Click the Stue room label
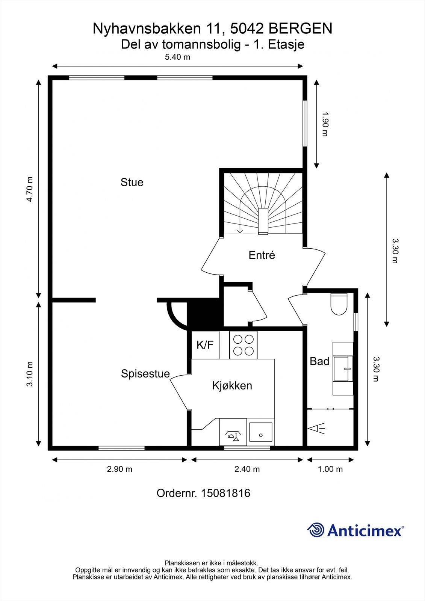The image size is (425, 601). point(132,183)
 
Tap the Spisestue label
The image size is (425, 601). point(145,373)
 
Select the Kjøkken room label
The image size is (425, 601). point(232,385)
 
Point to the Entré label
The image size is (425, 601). point(262,255)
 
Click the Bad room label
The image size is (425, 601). point(319,361)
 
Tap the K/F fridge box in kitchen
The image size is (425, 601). point(205,345)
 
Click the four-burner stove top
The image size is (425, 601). point(243,345)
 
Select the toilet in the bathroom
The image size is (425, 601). point(339,304)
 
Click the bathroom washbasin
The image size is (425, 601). point(343,368)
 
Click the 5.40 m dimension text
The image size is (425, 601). point(177,57)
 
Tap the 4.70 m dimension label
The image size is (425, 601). point(30,189)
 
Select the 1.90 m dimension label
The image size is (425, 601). point(325,124)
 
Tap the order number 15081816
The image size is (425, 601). point(225,493)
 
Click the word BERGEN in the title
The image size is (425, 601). point(300,29)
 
